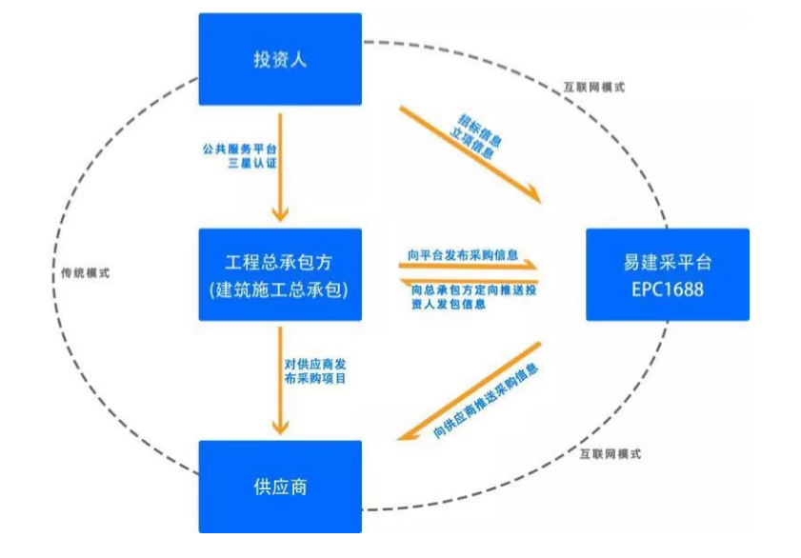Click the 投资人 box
(280, 59)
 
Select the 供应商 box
(280, 486)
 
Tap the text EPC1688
(667, 289)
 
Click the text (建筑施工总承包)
(280, 289)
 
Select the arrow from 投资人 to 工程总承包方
(280, 167)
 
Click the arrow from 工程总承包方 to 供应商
(280, 380)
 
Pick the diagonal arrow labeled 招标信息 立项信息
(467, 152)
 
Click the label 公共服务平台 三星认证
(238, 157)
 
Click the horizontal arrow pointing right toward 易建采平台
(467, 269)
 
